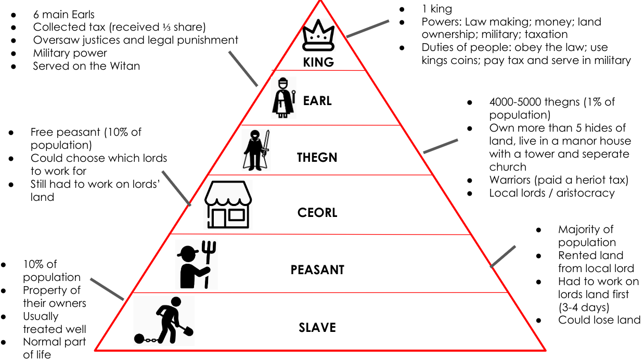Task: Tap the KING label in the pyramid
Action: [318, 62]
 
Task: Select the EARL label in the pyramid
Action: [317, 100]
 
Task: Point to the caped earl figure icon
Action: [284, 97]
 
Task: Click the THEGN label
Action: [317, 157]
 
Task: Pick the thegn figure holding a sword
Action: [256, 149]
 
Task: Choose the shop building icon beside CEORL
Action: [228, 204]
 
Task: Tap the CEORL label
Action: [317, 212]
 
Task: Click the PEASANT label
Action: [317, 270]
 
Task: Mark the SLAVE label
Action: [317, 328]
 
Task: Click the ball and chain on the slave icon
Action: [140, 338]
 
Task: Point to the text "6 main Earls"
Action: [63, 14]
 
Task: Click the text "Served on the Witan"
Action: [86, 66]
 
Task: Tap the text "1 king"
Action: [436, 9]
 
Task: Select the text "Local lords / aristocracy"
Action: [552, 193]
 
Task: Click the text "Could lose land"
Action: [599, 320]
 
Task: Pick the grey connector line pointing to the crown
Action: [367, 29]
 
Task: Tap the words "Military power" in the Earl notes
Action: [70, 53]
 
